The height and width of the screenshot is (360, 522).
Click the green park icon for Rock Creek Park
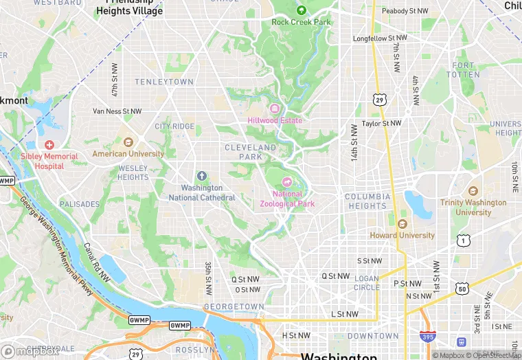pyautogui.click(x=301, y=10)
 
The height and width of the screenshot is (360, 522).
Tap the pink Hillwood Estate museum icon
pyautogui.click(x=275, y=109)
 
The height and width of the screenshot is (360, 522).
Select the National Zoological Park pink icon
pyautogui.click(x=286, y=182)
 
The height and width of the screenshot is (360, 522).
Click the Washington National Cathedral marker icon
pyautogui.click(x=201, y=177)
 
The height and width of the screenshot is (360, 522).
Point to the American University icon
pyautogui.click(x=128, y=142)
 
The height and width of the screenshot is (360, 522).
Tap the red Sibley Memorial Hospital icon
pyautogui.click(x=49, y=145)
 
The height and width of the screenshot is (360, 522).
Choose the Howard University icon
pyautogui.click(x=402, y=224)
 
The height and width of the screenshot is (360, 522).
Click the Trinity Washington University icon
pyautogui.click(x=473, y=191)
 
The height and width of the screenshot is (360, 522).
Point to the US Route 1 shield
pyautogui.click(x=464, y=240)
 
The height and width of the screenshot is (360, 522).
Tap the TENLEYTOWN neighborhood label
pyautogui.click(x=164, y=82)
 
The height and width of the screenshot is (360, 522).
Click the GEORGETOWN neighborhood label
pyautogui.click(x=234, y=306)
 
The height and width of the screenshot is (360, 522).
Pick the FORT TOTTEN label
pyautogui.click(x=464, y=69)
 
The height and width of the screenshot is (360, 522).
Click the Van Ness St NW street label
pyautogui.click(x=117, y=111)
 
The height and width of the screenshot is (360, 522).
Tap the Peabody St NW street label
pyautogui.click(x=405, y=11)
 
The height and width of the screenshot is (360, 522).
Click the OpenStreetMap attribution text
pyautogui.click(x=492, y=355)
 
